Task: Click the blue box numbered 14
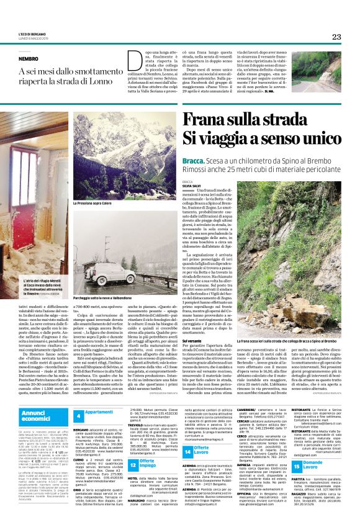point(187,453)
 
